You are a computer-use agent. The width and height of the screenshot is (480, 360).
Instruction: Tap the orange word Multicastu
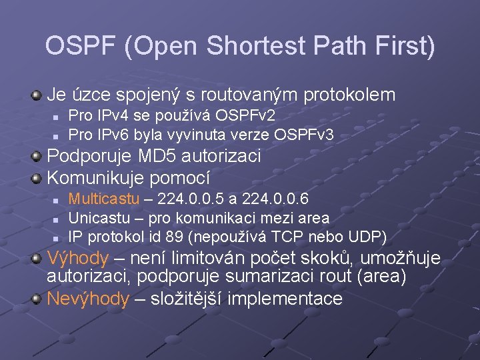105,199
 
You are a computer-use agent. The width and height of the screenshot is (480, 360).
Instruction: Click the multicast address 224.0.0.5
191,199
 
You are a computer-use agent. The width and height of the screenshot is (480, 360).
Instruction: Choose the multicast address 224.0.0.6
275,199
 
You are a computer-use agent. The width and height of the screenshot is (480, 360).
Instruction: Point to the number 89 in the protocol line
178,236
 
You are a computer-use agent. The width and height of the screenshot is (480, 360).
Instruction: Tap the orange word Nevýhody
88,299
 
